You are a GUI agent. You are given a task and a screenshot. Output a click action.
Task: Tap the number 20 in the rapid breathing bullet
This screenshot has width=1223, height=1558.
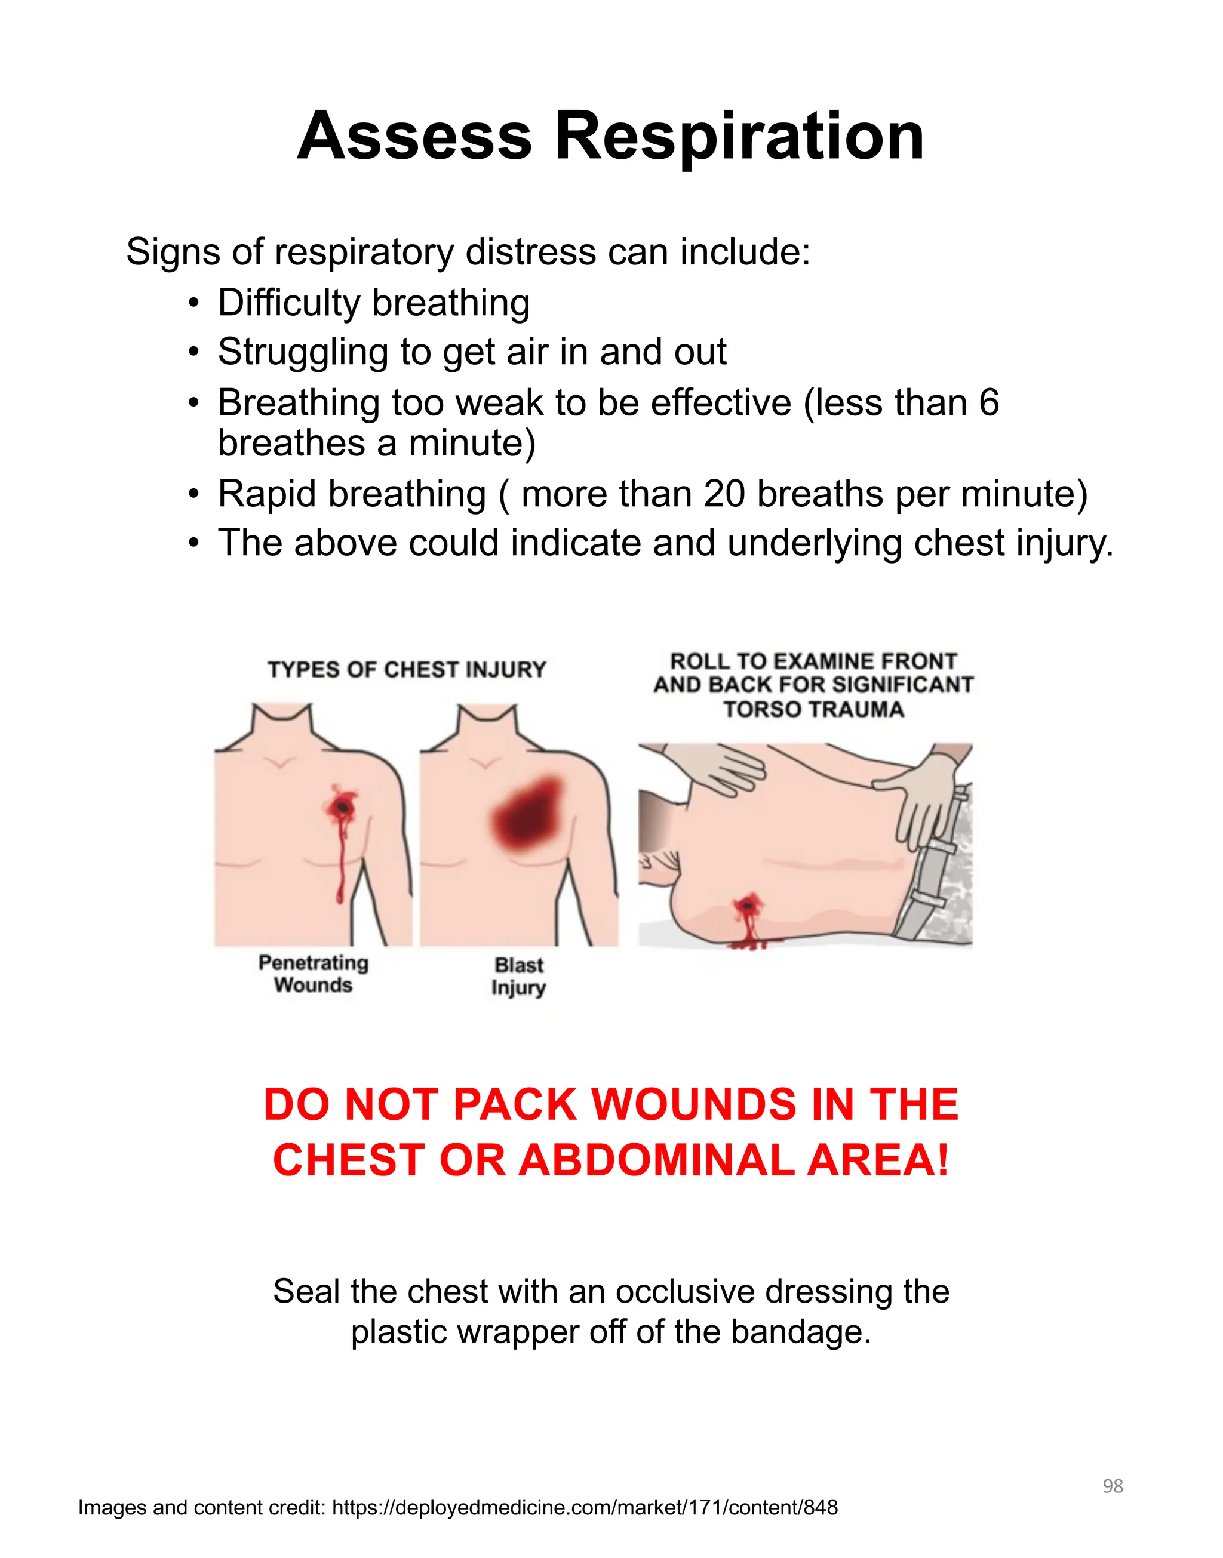[x=724, y=494]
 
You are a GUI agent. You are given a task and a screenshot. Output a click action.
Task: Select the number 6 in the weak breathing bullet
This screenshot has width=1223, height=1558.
[x=988, y=402]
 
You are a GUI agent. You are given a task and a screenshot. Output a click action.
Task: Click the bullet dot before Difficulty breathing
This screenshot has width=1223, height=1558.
[x=193, y=303]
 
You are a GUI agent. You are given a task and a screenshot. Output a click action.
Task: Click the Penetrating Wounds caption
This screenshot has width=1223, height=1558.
[x=313, y=974]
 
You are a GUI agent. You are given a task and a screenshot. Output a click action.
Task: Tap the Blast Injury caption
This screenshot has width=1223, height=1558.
[x=518, y=976]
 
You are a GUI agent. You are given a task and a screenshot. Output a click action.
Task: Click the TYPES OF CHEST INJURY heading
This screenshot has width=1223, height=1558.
[x=407, y=670]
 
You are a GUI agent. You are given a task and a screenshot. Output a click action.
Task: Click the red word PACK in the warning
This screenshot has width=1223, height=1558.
[x=515, y=1104]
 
